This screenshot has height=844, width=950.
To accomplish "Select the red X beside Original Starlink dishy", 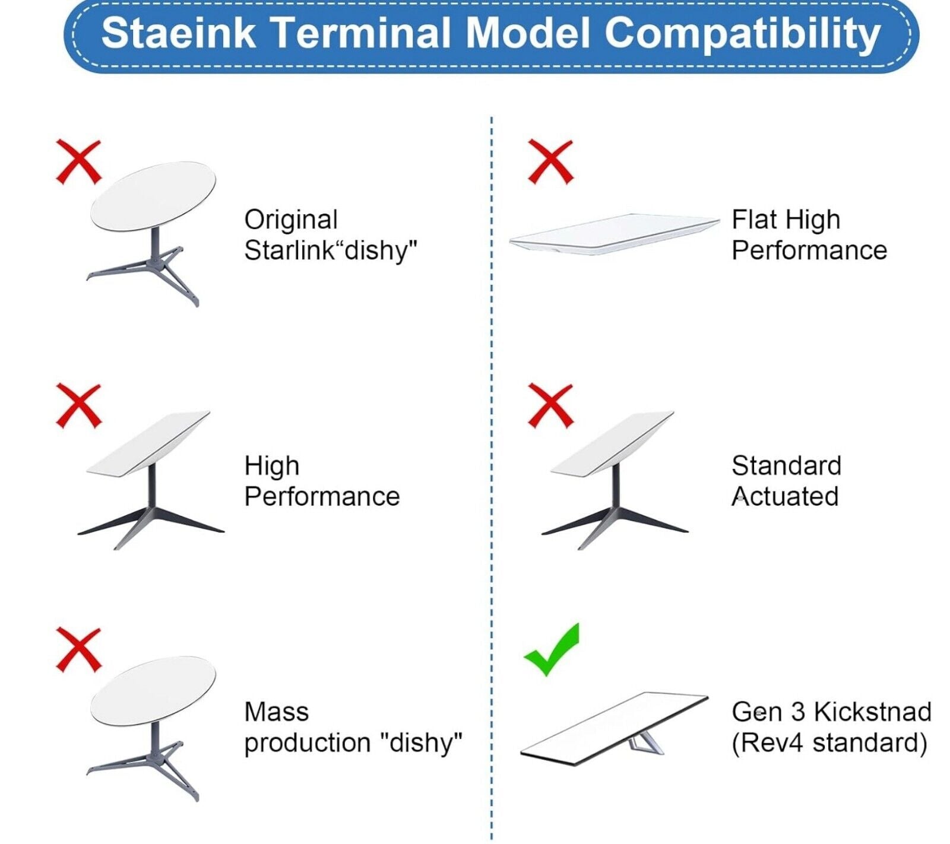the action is (78, 162).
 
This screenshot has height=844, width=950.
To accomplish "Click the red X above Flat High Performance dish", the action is (550, 162).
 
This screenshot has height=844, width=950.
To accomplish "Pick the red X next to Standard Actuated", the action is (550, 405).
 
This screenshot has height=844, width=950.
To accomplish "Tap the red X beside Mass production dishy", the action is (78, 650).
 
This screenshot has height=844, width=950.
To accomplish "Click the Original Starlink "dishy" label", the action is (331, 235).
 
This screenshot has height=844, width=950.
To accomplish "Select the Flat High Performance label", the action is (809, 235).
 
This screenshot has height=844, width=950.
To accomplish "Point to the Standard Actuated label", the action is (786, 481).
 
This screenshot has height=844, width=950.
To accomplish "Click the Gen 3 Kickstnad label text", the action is (831, 712).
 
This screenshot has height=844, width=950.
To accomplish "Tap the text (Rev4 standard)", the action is (829, 743).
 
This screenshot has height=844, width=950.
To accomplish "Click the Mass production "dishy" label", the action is (353, 727).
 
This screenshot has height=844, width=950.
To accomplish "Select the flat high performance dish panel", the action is (615, 234).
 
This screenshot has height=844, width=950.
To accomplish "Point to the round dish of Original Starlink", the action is (153, 197).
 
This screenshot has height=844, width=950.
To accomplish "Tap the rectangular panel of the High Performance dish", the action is (148, 443).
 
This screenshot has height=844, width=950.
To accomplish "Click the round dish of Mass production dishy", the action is (153, 691).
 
